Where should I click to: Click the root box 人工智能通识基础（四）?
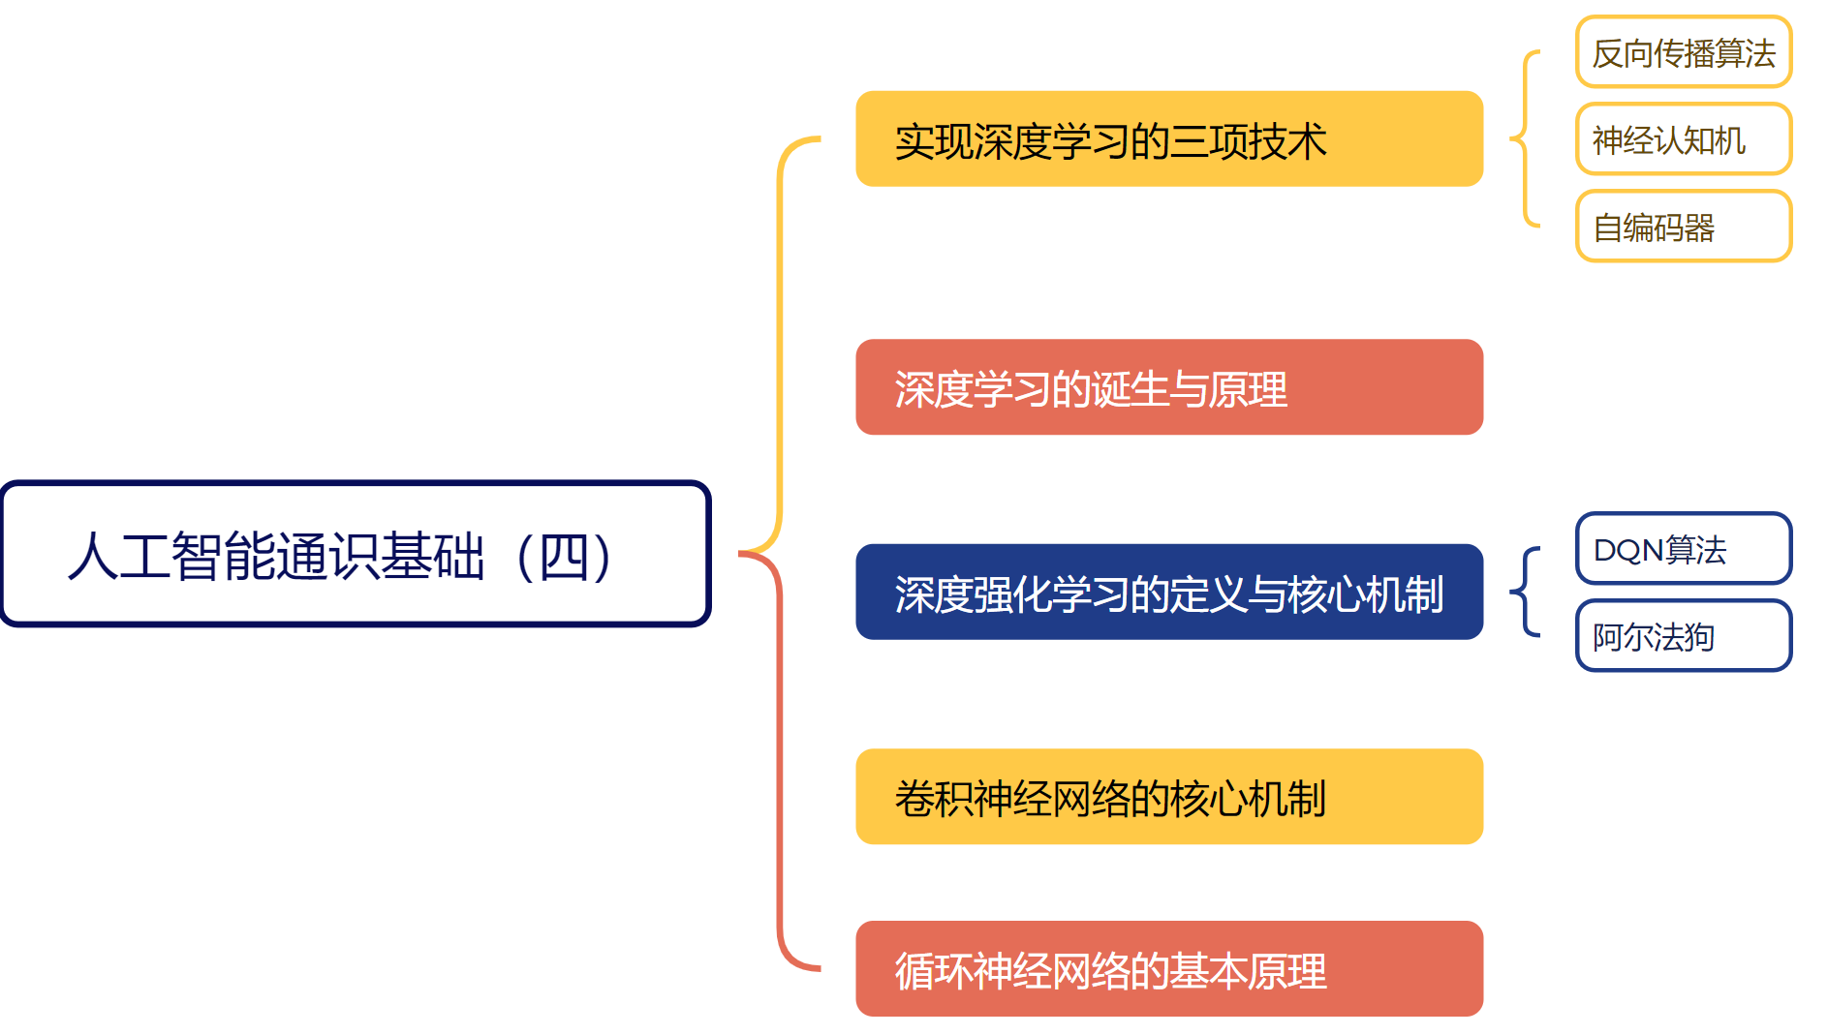[356, 554]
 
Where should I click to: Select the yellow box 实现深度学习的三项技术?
[1168, 139]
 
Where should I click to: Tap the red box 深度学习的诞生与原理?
[1168, 387]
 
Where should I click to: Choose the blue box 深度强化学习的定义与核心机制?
[1168, 593]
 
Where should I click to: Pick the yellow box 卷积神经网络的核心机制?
[1168, 797]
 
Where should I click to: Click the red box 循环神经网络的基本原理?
[1168, 969]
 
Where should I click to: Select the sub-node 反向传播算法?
[1683, 52]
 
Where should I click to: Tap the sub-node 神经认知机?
[1683, 139]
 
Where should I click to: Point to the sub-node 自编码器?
[1683, 227]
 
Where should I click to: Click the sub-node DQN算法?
[1683, 549]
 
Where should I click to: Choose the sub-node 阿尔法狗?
[1683, 636]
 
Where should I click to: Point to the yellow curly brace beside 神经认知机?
[1525, 138]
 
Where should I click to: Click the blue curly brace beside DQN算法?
[1525, 592]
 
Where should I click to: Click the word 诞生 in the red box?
[1130, 390]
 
